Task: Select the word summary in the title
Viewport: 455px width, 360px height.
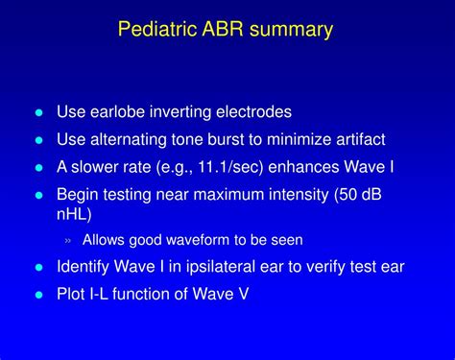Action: [x=292, y=30]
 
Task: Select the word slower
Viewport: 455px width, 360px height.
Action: [x=100, y=166]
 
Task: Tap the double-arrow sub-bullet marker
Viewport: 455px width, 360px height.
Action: [x=69, y=240]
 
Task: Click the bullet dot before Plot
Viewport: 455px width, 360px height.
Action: [x=39, y=295]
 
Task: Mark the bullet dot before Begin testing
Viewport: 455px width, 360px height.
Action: [x=39, y=194]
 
